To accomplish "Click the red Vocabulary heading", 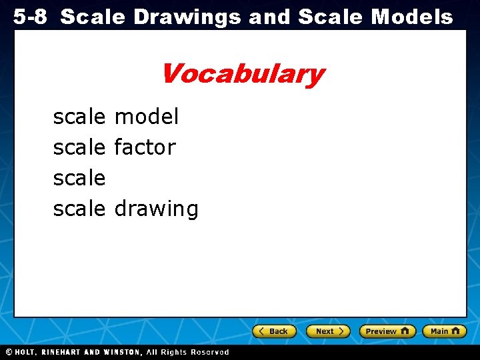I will pos(241,74).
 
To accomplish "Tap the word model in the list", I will pos(147,117).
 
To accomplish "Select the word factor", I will pos(145,147).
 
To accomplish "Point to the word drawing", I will pos(156,209).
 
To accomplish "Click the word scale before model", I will pos(79,117).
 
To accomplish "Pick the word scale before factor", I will pos(79,147).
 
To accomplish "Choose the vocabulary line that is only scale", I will pos(79,178).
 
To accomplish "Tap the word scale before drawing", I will pos(79,209).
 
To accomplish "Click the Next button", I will pos(328,331).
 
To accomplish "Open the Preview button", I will pos(387,331).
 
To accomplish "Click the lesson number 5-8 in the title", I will pos(30,17).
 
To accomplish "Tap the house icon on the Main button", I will pos(456,331).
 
